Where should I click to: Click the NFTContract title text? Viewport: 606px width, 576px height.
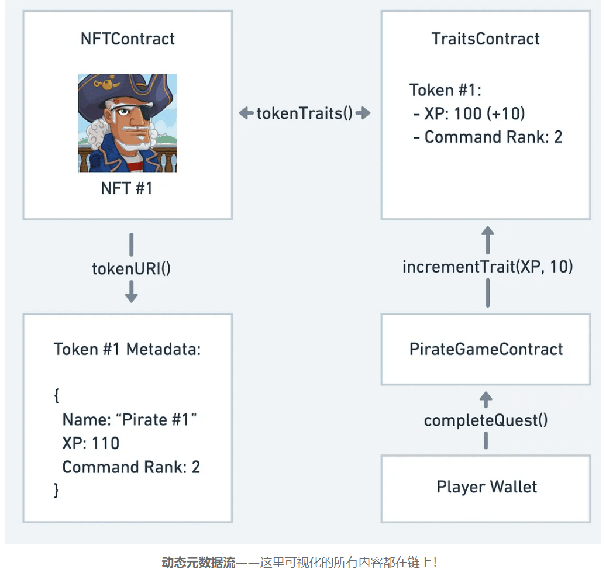pyautogui.click(x=128, y=39)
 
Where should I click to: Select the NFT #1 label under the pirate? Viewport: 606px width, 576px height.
pyautogui.click(x=127, y=188)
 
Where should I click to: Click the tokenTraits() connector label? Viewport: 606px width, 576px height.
pyautogui.click(x=305, y=113)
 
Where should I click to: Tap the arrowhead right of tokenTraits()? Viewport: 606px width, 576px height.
pyautogui.click(x=364, y=113)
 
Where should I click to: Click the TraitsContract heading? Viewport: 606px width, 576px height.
pyautogui.click(x=486, y=39)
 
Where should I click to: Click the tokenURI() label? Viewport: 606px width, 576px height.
pyautogui.click(x=131, y=268)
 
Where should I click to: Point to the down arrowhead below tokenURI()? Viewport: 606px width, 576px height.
pyautogui.click(x=132, y=296)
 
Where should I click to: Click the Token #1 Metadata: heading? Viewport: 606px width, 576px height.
pyautogui.click(x=127, y=349)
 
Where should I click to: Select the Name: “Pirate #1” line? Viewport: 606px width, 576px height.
pyautogui.click(x=129, y=420)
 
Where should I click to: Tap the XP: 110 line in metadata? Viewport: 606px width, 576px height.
pyautogui.click(x=91, y=443)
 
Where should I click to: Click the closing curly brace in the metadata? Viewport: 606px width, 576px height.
pyautogui.click(x=57, y=489)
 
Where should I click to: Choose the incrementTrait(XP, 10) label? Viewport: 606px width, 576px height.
pyautogui.click(x=488, y=267)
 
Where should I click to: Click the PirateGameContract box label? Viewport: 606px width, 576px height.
pyautogui.click(x=486, y=349)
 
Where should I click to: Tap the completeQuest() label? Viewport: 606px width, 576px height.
pyautogui.click(x=486, y=420)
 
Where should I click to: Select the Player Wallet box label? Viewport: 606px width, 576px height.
pyautogui.click(x=487, y=487)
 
